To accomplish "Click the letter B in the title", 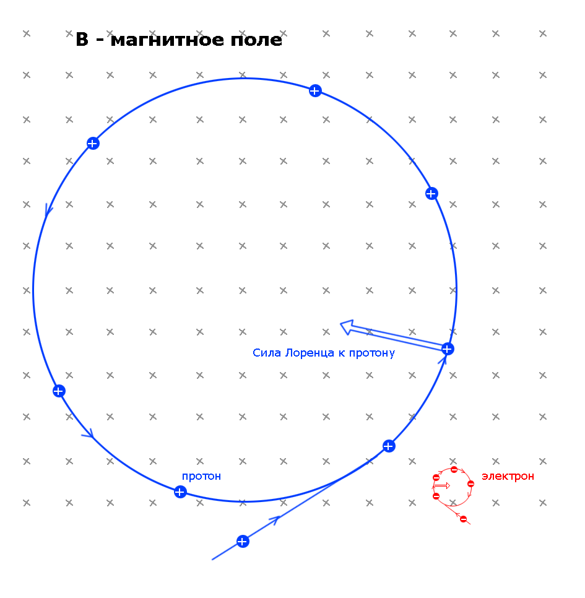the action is (82, 40).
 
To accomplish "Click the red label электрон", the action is (508, 476).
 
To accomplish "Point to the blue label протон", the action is (201, 476).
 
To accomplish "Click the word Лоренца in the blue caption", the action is (310, 353).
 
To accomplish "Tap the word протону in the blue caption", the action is (371, 353).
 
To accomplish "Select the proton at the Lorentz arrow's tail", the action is (448, 349).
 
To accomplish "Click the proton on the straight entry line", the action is (243, 542).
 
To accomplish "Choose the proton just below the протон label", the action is (180, 492).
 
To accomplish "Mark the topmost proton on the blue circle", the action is (314, 91).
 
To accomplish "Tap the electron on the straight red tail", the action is (463, 519).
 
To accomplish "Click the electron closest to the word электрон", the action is (470, 483).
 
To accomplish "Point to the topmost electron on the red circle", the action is (454, 470).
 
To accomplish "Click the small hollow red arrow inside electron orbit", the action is (442, 486).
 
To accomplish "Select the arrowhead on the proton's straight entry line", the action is (277, 519).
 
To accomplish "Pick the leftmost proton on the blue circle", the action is (59, 391).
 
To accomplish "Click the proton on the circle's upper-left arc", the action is (93, 144).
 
